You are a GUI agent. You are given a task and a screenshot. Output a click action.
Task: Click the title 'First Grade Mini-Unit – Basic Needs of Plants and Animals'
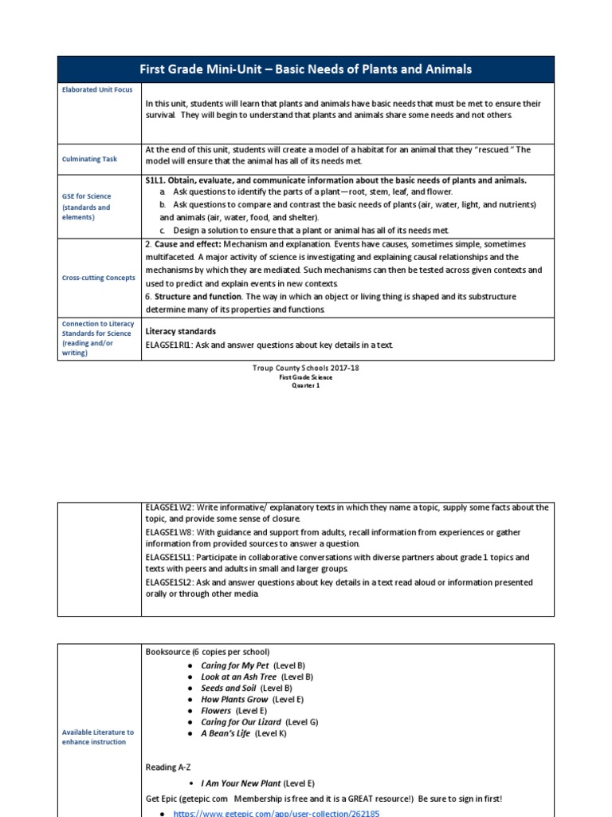305,69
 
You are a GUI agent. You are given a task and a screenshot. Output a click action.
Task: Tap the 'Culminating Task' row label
89,159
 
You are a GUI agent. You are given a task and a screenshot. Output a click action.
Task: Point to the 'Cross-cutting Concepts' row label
99,278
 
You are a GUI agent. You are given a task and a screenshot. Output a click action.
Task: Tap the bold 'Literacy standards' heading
181,330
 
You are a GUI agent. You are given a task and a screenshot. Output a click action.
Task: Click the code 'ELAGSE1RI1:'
171,345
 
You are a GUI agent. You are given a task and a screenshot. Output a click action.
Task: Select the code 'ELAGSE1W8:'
170,532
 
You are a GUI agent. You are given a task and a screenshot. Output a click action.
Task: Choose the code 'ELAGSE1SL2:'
171,582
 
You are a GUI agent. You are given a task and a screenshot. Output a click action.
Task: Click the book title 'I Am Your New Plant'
241,783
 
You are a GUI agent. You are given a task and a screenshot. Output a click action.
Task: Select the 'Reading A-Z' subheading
168,767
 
